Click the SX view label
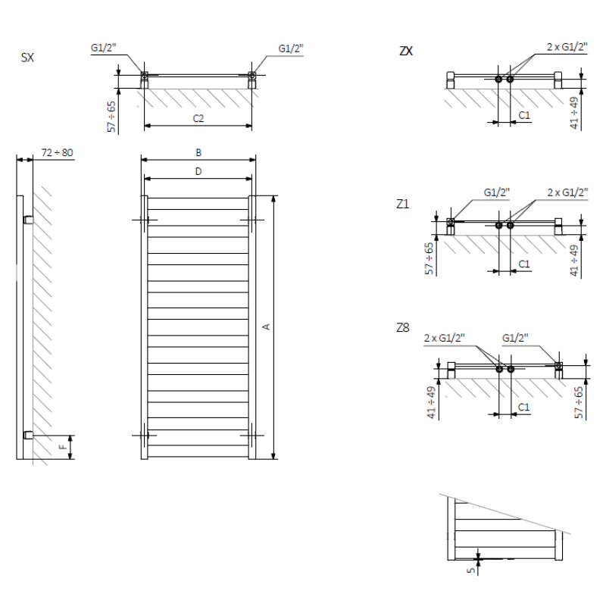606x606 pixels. tap(27, 58)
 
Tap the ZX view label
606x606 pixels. tap(406, 51)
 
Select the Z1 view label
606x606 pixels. tap(403, 204)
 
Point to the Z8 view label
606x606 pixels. tap(403, 328)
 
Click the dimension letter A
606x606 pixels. tap(266, 327)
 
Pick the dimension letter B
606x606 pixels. tap(198, 153)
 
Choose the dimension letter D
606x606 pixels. tap(198, 172)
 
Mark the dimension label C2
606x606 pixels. tap(198, 118)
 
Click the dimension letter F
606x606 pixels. tap(63, 447)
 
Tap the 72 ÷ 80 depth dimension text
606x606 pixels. tap(58, 153)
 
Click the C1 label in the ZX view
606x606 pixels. tap(524, 115)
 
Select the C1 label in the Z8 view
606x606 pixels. tap(523, 407)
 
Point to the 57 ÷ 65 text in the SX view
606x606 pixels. tap(111, 117)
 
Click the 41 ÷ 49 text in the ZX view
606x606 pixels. tap(574, 113)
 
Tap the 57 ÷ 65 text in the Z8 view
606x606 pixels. tap(579, 402)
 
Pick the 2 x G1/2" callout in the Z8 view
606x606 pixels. tap(444, 338)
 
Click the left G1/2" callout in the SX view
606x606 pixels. tap(103, 48)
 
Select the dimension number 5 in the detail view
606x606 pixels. tap(470, 570)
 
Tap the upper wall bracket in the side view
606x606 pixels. tap(29, 220)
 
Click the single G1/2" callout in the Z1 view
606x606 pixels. tap(497, 192)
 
